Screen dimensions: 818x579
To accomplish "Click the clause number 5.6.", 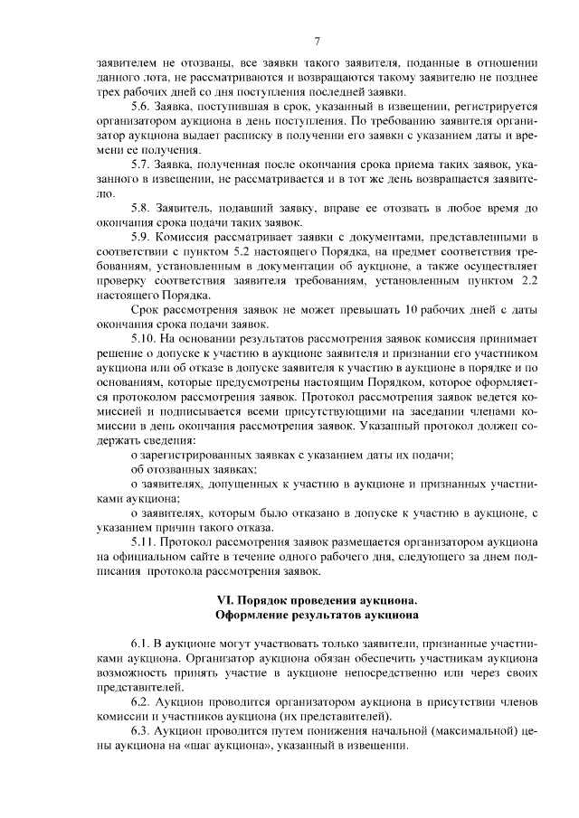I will click(x=142, y=106).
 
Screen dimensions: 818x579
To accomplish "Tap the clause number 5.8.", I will click(x=142, y=207).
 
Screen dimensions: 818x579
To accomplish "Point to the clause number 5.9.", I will click(x=142, y=236).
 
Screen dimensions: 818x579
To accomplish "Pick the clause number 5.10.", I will click(x=146, y=337).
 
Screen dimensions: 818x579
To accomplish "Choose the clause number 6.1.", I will click(x=142, y=642).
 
